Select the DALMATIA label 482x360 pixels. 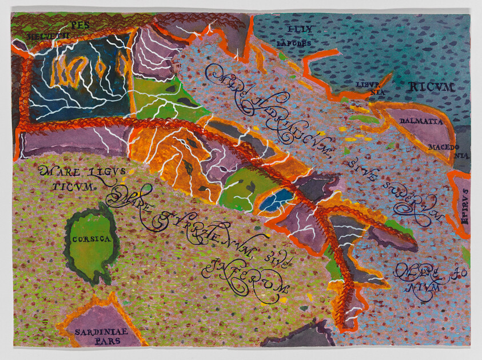click(x=419, y=121)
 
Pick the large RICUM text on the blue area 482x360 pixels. click(x=432, y=88)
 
